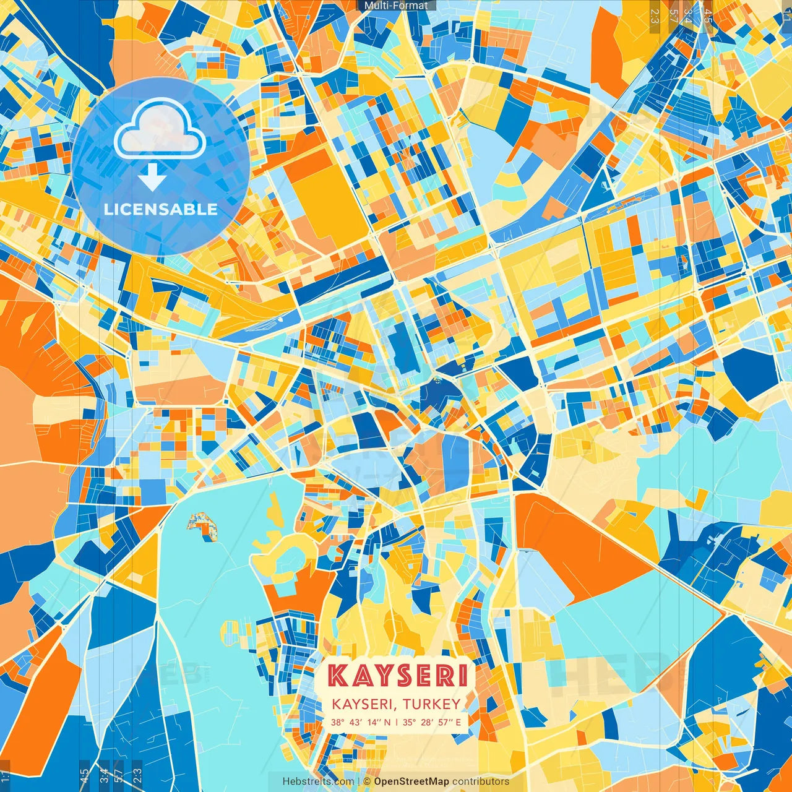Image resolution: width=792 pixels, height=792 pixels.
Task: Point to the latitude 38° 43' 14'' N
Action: pos(361,722)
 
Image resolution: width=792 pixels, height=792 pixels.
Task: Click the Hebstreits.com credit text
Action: pos(318,781)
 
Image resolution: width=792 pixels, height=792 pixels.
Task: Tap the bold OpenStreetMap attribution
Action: pos(411,781)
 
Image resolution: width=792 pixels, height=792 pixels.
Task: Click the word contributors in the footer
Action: pos(481,781)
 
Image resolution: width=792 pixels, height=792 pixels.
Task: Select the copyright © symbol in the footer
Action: pos(367,781)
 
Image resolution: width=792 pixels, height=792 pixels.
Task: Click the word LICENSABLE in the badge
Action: pos(161,209)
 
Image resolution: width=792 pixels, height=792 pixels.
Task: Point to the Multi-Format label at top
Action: pos(396,6)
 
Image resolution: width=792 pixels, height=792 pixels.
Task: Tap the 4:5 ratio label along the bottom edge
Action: pos(84,775)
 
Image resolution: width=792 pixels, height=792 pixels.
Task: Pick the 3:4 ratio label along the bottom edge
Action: pos(104,775)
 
